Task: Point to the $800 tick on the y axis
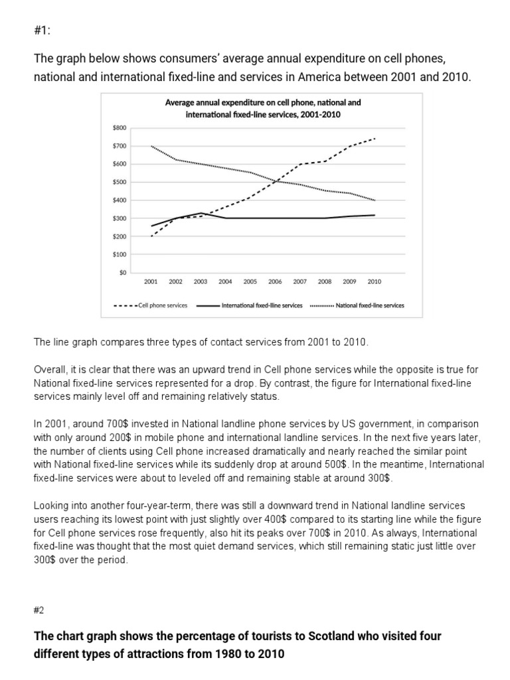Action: click(x=120, y=127)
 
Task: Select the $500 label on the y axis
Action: click(x=120, y=182)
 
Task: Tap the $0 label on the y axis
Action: click(x=122, y=272)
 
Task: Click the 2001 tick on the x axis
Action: click(x=151, y=282)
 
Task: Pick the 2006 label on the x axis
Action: click(x=275, y=282)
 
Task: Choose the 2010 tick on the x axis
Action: click(x=375, y=282)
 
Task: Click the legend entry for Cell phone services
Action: click(x=152, y=305)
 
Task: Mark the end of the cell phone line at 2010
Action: click(x=375, y=139)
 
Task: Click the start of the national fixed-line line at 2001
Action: click(x=151, y=146)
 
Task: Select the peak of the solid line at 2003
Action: click(x=201, y=213)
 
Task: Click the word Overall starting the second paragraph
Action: click(x=49, y=369)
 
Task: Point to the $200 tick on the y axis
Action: click(x=120, y=236)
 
